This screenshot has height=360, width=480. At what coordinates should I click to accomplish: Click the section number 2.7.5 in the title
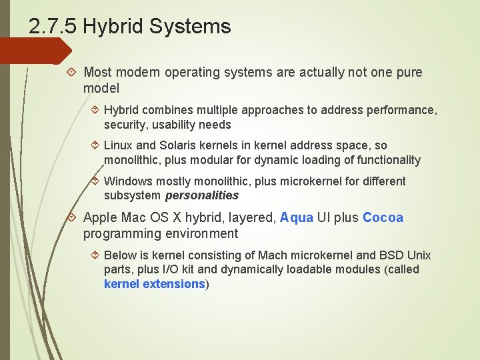click(53, 27)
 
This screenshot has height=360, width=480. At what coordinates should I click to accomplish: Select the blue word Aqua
click(297, 218)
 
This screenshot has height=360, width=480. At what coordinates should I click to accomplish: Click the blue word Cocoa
click(383, 218)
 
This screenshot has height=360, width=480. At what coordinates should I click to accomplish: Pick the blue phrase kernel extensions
click(154, 284)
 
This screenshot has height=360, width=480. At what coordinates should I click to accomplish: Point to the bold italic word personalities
click(201, 196)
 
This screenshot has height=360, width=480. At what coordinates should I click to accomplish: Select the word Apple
click(100, 218)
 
